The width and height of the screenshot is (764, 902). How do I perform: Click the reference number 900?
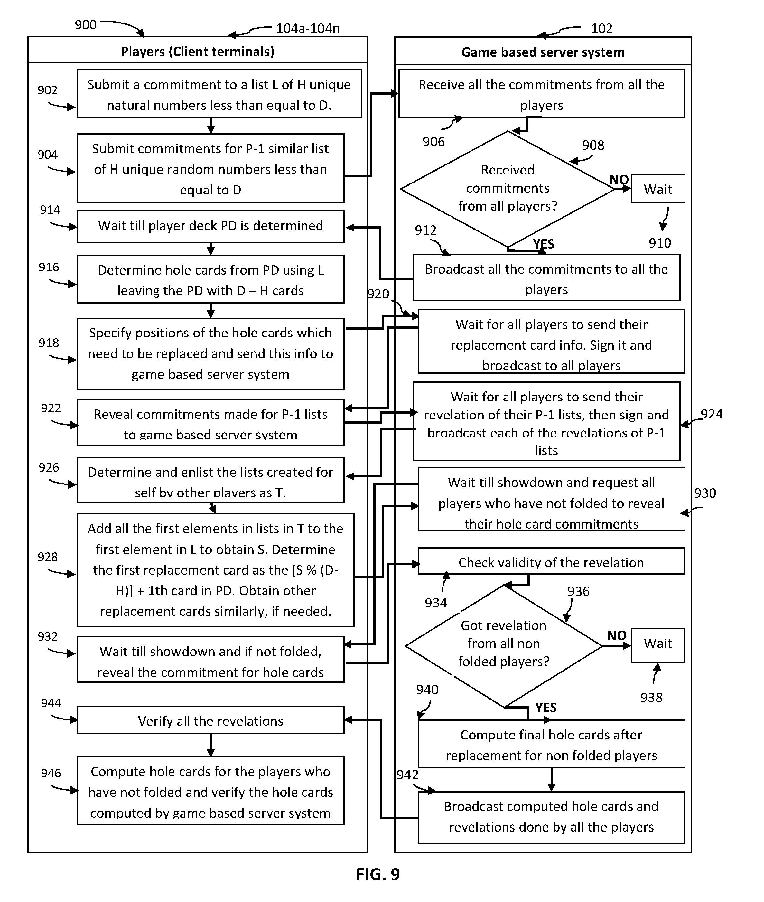[x=85, y=25]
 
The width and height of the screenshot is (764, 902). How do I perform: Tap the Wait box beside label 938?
[x=657, y=644]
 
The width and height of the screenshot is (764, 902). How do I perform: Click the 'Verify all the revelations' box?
[x=210, y=720]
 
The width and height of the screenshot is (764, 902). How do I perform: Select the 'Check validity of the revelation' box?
[x=551, y=562]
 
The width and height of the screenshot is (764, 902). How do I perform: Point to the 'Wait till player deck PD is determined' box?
[x=210, y=226]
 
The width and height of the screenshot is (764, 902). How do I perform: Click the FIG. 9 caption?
[x=378, y=874]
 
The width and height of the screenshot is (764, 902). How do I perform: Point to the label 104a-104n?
[x=308, y=28]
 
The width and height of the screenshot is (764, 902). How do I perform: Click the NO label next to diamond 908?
[x=619, y=179]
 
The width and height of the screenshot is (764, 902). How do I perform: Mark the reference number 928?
[x=48, y=557]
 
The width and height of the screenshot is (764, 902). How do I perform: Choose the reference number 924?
[x=712, y=414]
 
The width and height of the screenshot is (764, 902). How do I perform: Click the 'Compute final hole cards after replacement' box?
[x=551, y=745]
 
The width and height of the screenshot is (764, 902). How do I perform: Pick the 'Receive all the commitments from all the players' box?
[x=541, y=94]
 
